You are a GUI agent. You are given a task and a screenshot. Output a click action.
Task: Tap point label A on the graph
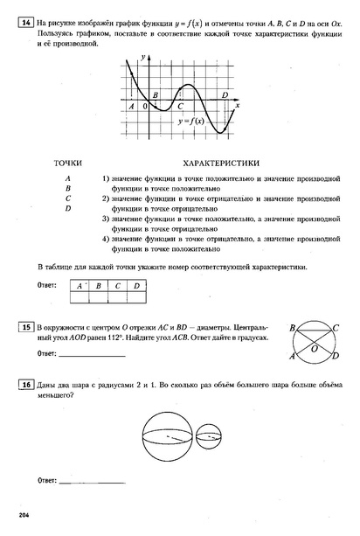tap(131, 106)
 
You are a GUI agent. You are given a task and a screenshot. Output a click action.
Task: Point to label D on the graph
tap(225, 94)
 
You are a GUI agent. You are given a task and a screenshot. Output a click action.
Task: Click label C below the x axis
tap(180, 106)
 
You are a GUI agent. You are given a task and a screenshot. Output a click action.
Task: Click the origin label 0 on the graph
tap(145, 106)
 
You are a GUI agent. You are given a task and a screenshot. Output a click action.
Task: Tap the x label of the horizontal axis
tap(238, 105)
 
